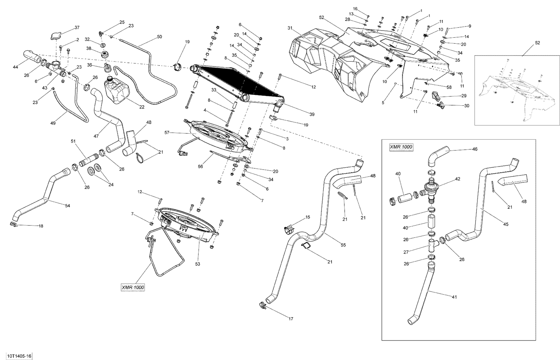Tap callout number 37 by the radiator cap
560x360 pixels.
(x=77, y=28)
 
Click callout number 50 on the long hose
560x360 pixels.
(x=159, y=37)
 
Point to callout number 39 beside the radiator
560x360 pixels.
(x=311, y=114)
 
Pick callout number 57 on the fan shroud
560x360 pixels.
(x=167, y=133)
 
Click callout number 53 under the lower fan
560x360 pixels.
(x=197, y=264)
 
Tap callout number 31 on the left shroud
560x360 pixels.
(x=290, y=28)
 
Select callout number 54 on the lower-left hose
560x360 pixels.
(x=68, y=206)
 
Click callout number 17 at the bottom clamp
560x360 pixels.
(x=291, y=319)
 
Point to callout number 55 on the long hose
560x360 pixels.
(x=343, y=245)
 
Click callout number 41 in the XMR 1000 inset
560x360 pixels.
(x=454, y=297)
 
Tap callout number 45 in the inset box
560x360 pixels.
(x=506, y=224)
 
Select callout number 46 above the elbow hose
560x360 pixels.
(x=475, y=149)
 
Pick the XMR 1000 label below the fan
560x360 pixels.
(x=133, y=287)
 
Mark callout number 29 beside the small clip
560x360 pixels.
(x=464, y=96)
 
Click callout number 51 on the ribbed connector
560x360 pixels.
(x=73, y=141)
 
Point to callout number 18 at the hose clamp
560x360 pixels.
(x=41, y=226)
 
